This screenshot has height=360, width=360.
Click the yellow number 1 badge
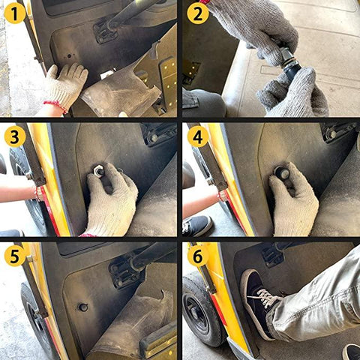(x=15, y=13)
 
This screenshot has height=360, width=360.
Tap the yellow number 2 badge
(x=198, y=13)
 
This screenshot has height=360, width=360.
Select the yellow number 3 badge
(x=15, y=136)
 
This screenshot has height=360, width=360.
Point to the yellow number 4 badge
(x=198, y=136)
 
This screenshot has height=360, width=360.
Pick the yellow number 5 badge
(x=15, y=256)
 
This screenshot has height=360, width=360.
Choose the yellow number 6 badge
(x=198, y=256)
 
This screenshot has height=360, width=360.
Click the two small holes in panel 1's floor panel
(x=71, y=55)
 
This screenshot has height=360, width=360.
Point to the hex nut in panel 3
(x=99, y=171)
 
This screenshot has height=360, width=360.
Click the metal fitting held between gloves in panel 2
(x=288, y=59)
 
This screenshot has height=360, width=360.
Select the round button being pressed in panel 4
(x=283, y=173)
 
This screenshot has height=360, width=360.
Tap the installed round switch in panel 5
(x=83, y=307)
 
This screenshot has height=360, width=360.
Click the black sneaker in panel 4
(x=197, y=226)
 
